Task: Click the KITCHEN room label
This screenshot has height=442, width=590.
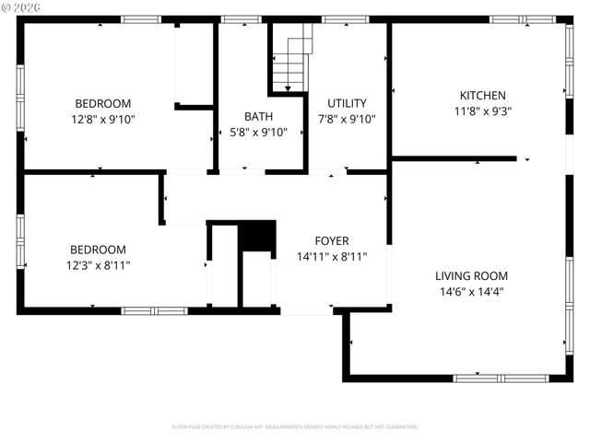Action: pyautogui.click(x=482, y=95)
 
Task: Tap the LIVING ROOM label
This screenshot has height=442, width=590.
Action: pyautogui.click(x=471, y=275)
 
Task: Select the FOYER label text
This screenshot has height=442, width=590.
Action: pyautogui.click(x=332, y=240)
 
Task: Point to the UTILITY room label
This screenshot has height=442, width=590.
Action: pyautogui.click(x=347, y=103)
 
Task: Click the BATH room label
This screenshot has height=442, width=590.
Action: pyautogui.click(x=258, y=116)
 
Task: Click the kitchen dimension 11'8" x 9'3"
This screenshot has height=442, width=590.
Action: pyautogui.click(x=482, y=110)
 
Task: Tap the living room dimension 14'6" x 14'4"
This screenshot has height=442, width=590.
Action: pyautogui.click(x=471, y=291)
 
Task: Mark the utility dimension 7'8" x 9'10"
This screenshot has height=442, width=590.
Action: pyautogui.click(x=347, y=119)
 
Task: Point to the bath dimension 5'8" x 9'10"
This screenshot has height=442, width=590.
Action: pyautogui.click(x=258, y=132)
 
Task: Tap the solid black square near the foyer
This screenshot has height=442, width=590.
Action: pyautogui.click(x=257, y=236)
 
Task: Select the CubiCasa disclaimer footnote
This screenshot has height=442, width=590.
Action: pyautogui.click(x=295, y=426)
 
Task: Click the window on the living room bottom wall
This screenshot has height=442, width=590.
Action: pyautogui.click(x=488, y=378)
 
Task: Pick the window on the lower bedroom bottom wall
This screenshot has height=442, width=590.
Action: pyautogui.click(x=155, y=311)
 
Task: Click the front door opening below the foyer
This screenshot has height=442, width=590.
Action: pyautogui.click(x=307, y=311)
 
